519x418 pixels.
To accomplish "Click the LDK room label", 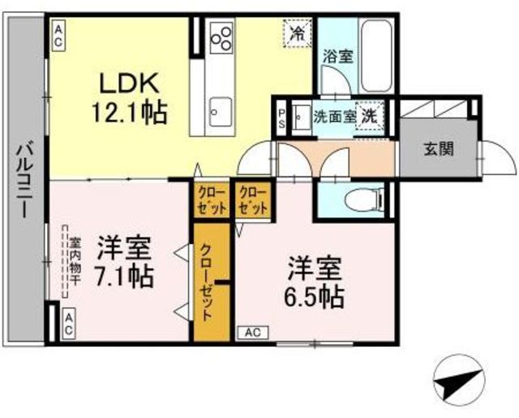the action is point(130,83).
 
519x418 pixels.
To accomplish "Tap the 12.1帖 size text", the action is point(130,113).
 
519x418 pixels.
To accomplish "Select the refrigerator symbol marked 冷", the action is point(298,33).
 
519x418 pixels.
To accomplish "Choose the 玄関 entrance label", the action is point(439,150).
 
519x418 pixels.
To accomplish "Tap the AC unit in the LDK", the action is point(58,36).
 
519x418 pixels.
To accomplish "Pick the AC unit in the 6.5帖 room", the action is point(253,333).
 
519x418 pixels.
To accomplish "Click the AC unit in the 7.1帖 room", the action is point(69,324).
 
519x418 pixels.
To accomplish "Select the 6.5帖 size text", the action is point(315,296).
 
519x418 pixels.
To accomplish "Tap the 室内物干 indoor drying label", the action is point(75,261).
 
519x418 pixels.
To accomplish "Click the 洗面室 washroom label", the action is point(335,117).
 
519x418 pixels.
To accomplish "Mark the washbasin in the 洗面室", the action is point(301,117).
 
